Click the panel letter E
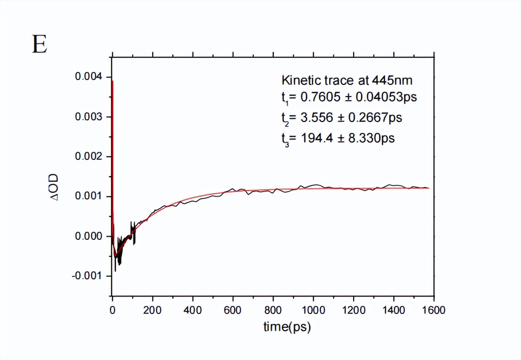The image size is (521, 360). (x=40, y=45)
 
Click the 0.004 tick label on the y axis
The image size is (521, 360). (x=88, y=77)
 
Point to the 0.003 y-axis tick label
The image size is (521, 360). (x=88, y=117)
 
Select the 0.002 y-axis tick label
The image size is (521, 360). (x=88, y=157)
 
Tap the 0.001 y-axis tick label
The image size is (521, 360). (x=88, y=196)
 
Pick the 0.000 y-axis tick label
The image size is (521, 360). (x=88, y=236)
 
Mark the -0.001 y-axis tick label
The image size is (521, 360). (x=86, y=276)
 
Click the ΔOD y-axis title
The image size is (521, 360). (x=54, y=188)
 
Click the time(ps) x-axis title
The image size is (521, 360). (x=287, y=327)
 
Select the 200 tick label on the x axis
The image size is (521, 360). (x=153, y=309)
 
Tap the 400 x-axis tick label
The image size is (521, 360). (x=193, y=309)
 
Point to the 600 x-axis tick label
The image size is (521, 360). (x=233, y=309)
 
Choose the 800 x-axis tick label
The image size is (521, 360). (x=273, y=309)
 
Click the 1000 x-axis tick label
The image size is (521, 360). (x=314, y=309)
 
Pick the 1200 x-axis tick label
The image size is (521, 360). (x=354, y=309)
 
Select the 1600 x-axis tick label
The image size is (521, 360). (x=434, y=309)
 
